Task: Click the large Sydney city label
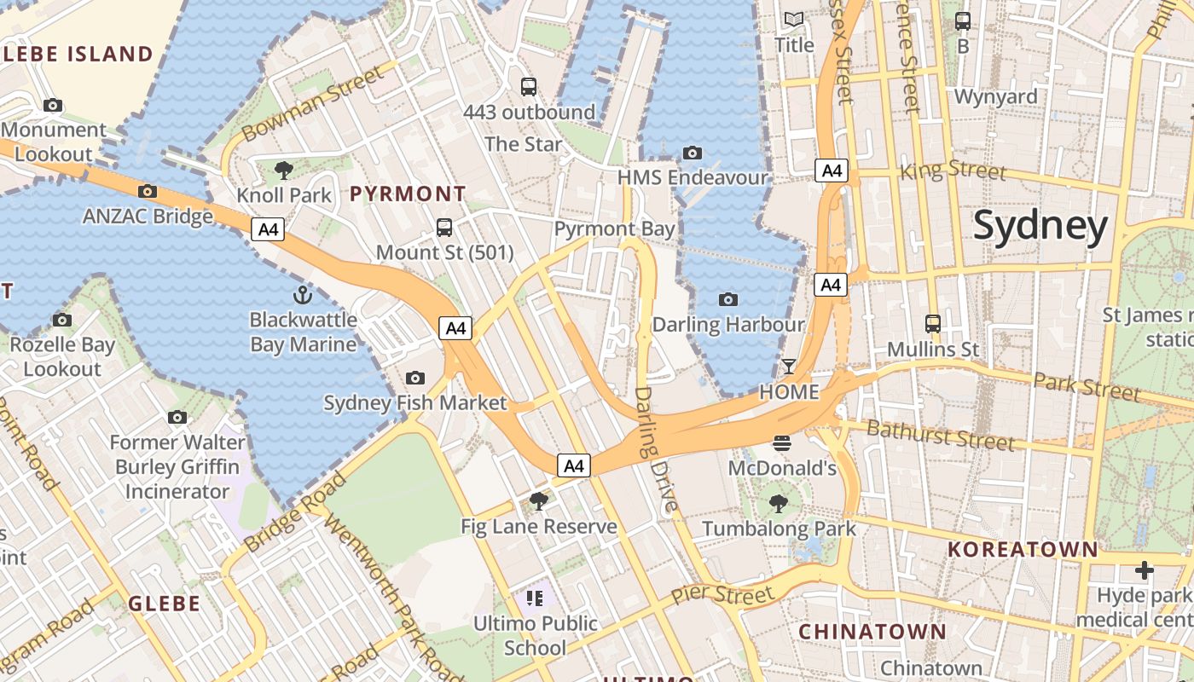pos(1040,227)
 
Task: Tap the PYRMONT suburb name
pos(408,194)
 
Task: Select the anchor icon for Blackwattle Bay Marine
pos(302,296)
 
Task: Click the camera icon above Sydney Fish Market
pos(415,378)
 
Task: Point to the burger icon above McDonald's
pos(781,442)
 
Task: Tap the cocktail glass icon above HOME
pos(788,367)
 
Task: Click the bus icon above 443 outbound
pos(529,86)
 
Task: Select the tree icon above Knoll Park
pos(284,170)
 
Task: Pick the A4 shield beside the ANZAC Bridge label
pos(268,228)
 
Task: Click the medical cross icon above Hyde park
pos(1145,569)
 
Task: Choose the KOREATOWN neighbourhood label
pos(1023,549)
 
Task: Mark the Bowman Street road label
pos(313,105)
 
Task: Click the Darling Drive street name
pos(656,449)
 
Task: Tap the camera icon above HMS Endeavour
pos(693,153)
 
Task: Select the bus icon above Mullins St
pos(933,324)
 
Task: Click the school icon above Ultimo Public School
pos(535,598)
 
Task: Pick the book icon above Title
pos(794,19)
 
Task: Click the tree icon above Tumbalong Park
pos(779,504)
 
